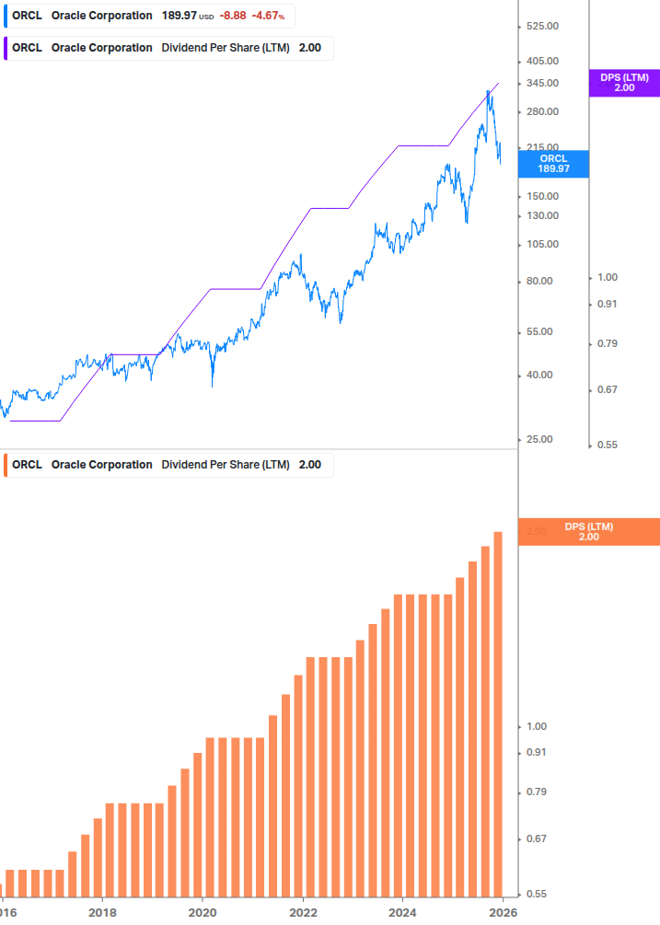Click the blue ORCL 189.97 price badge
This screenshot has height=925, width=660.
[553, 164]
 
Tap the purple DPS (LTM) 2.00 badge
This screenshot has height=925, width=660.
[624, 83]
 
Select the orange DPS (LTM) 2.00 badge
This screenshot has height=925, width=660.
[588, 532]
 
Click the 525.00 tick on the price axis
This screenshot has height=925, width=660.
[543, 27]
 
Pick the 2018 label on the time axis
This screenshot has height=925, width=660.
[102, 912]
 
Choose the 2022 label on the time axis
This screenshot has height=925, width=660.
[303, 912]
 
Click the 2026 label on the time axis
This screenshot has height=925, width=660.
[502, 912]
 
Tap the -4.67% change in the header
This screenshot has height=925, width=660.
[268, 16]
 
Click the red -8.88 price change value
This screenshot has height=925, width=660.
[234, 16]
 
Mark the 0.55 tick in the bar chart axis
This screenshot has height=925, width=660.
[535, 894]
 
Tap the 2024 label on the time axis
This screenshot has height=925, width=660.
[402, 912]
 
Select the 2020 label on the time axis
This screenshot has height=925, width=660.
[203, 912]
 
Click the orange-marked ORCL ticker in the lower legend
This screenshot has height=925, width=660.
[27, 465]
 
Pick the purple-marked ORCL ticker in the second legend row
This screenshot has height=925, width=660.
[27, 48]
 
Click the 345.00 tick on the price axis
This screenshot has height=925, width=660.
[543, 84]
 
